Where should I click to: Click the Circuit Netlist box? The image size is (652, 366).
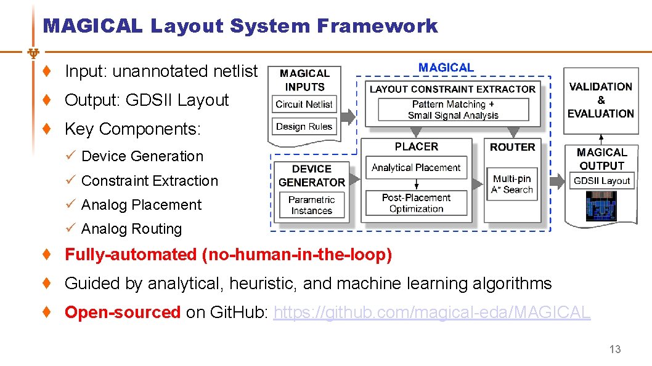pyautogui.click(x=304, y=104)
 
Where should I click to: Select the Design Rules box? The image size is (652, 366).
pyautogui.click(x=304, y=127)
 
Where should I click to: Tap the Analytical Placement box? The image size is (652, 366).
pyautogui.click(x=416, y=167)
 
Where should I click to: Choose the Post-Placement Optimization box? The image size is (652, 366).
pyautogui.click(x=416, y=203)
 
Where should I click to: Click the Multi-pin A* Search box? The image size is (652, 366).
pyautogui.click(x=512, y=184)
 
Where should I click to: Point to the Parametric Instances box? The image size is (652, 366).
pyautogui.click(x=311, y=205)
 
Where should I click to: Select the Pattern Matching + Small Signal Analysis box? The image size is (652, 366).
pyautogui.click(x=453, y=109)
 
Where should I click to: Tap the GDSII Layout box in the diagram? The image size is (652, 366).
pyautogui.click(x=601, y=181)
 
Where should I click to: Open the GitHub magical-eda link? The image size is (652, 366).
pyautogui.click(x=431, y=312)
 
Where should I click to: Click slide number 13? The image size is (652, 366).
pyautogui.click(x=615, y=349)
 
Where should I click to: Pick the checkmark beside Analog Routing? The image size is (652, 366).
pyautogui.click(x=70, y=229)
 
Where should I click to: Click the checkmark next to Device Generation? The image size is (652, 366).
pyautogui.click(x=70, y=156)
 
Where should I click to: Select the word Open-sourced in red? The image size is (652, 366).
pyautogui.click(x=122, y=312)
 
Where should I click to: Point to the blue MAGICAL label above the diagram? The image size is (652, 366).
pyautogui.click(x=446, y=68)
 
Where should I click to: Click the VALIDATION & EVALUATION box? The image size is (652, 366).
pyautogui.click(x=600, y=100)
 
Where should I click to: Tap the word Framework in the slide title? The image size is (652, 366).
pyautogui.click(x=377, y=26)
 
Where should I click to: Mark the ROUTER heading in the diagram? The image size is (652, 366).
pyautogui.click(x=512, y=147)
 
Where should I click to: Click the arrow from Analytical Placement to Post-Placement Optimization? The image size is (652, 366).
pyautogui.click(x=417, y=183)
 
